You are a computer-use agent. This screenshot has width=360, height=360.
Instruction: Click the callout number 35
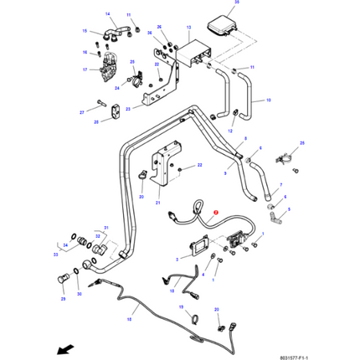coord(237,4)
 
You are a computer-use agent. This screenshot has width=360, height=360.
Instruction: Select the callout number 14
coord(107,15)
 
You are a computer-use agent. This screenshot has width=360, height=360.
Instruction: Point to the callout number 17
coord(85,69)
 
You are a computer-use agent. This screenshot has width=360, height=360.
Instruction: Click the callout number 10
coord(269,100)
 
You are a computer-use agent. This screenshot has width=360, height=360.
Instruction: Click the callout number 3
coord(177,260)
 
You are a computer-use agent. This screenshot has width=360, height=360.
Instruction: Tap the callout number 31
coord(106,228)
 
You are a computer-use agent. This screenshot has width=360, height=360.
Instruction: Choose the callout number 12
coord(229,132)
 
